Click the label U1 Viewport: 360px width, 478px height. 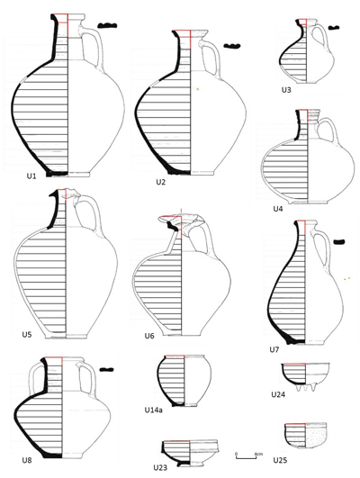[31, 176]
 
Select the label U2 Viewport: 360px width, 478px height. [160, 182]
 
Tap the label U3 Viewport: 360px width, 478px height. [286, 90]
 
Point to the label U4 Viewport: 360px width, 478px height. [278, 209]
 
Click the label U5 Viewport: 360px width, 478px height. [27, 334]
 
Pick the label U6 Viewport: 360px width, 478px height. [149, 336]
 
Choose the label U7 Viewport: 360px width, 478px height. [274, 349]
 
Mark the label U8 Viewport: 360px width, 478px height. [27, 460]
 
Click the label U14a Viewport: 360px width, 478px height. [153, 410]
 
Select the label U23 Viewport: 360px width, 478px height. [160, 467]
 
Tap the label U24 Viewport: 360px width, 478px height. [278, 394]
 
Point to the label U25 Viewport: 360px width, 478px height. [280, 460]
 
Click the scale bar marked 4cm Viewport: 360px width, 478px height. [247, 457]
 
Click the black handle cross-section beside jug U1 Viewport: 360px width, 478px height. [107, 26]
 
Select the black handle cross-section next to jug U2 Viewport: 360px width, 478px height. [232, 46]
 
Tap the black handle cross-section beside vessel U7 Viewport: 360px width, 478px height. [339, 242]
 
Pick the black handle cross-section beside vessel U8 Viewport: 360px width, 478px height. [107, 370]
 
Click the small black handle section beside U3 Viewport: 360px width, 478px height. [334, 28]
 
